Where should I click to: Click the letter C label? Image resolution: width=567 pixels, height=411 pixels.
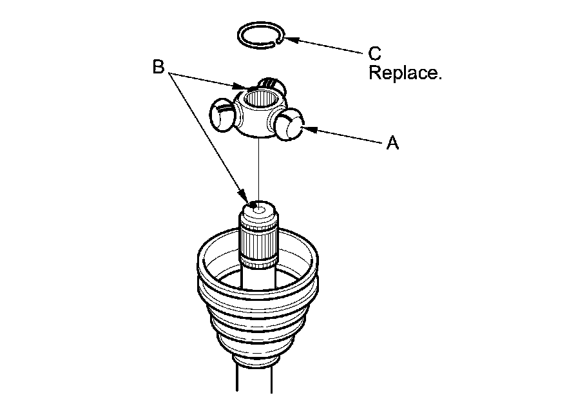[374, 53]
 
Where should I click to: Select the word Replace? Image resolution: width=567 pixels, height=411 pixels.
[405, 73]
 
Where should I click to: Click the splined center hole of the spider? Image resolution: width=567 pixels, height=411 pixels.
[260, 100]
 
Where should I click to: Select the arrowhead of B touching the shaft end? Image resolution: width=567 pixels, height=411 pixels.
[245, 197]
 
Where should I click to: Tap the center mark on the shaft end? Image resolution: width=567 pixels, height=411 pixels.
[258, 208]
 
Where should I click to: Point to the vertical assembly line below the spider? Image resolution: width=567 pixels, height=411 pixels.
[258, 167]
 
